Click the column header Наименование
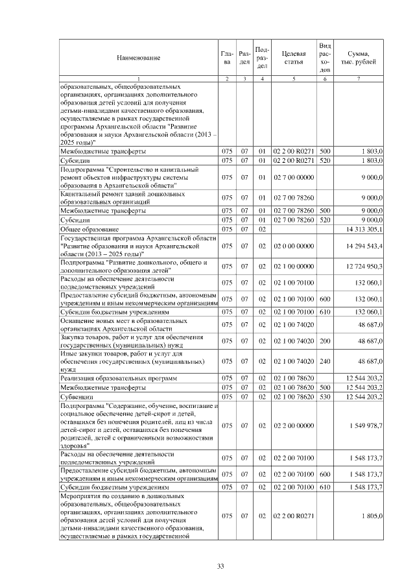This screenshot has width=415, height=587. (138, 58)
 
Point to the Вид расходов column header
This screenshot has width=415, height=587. (326, 58)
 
